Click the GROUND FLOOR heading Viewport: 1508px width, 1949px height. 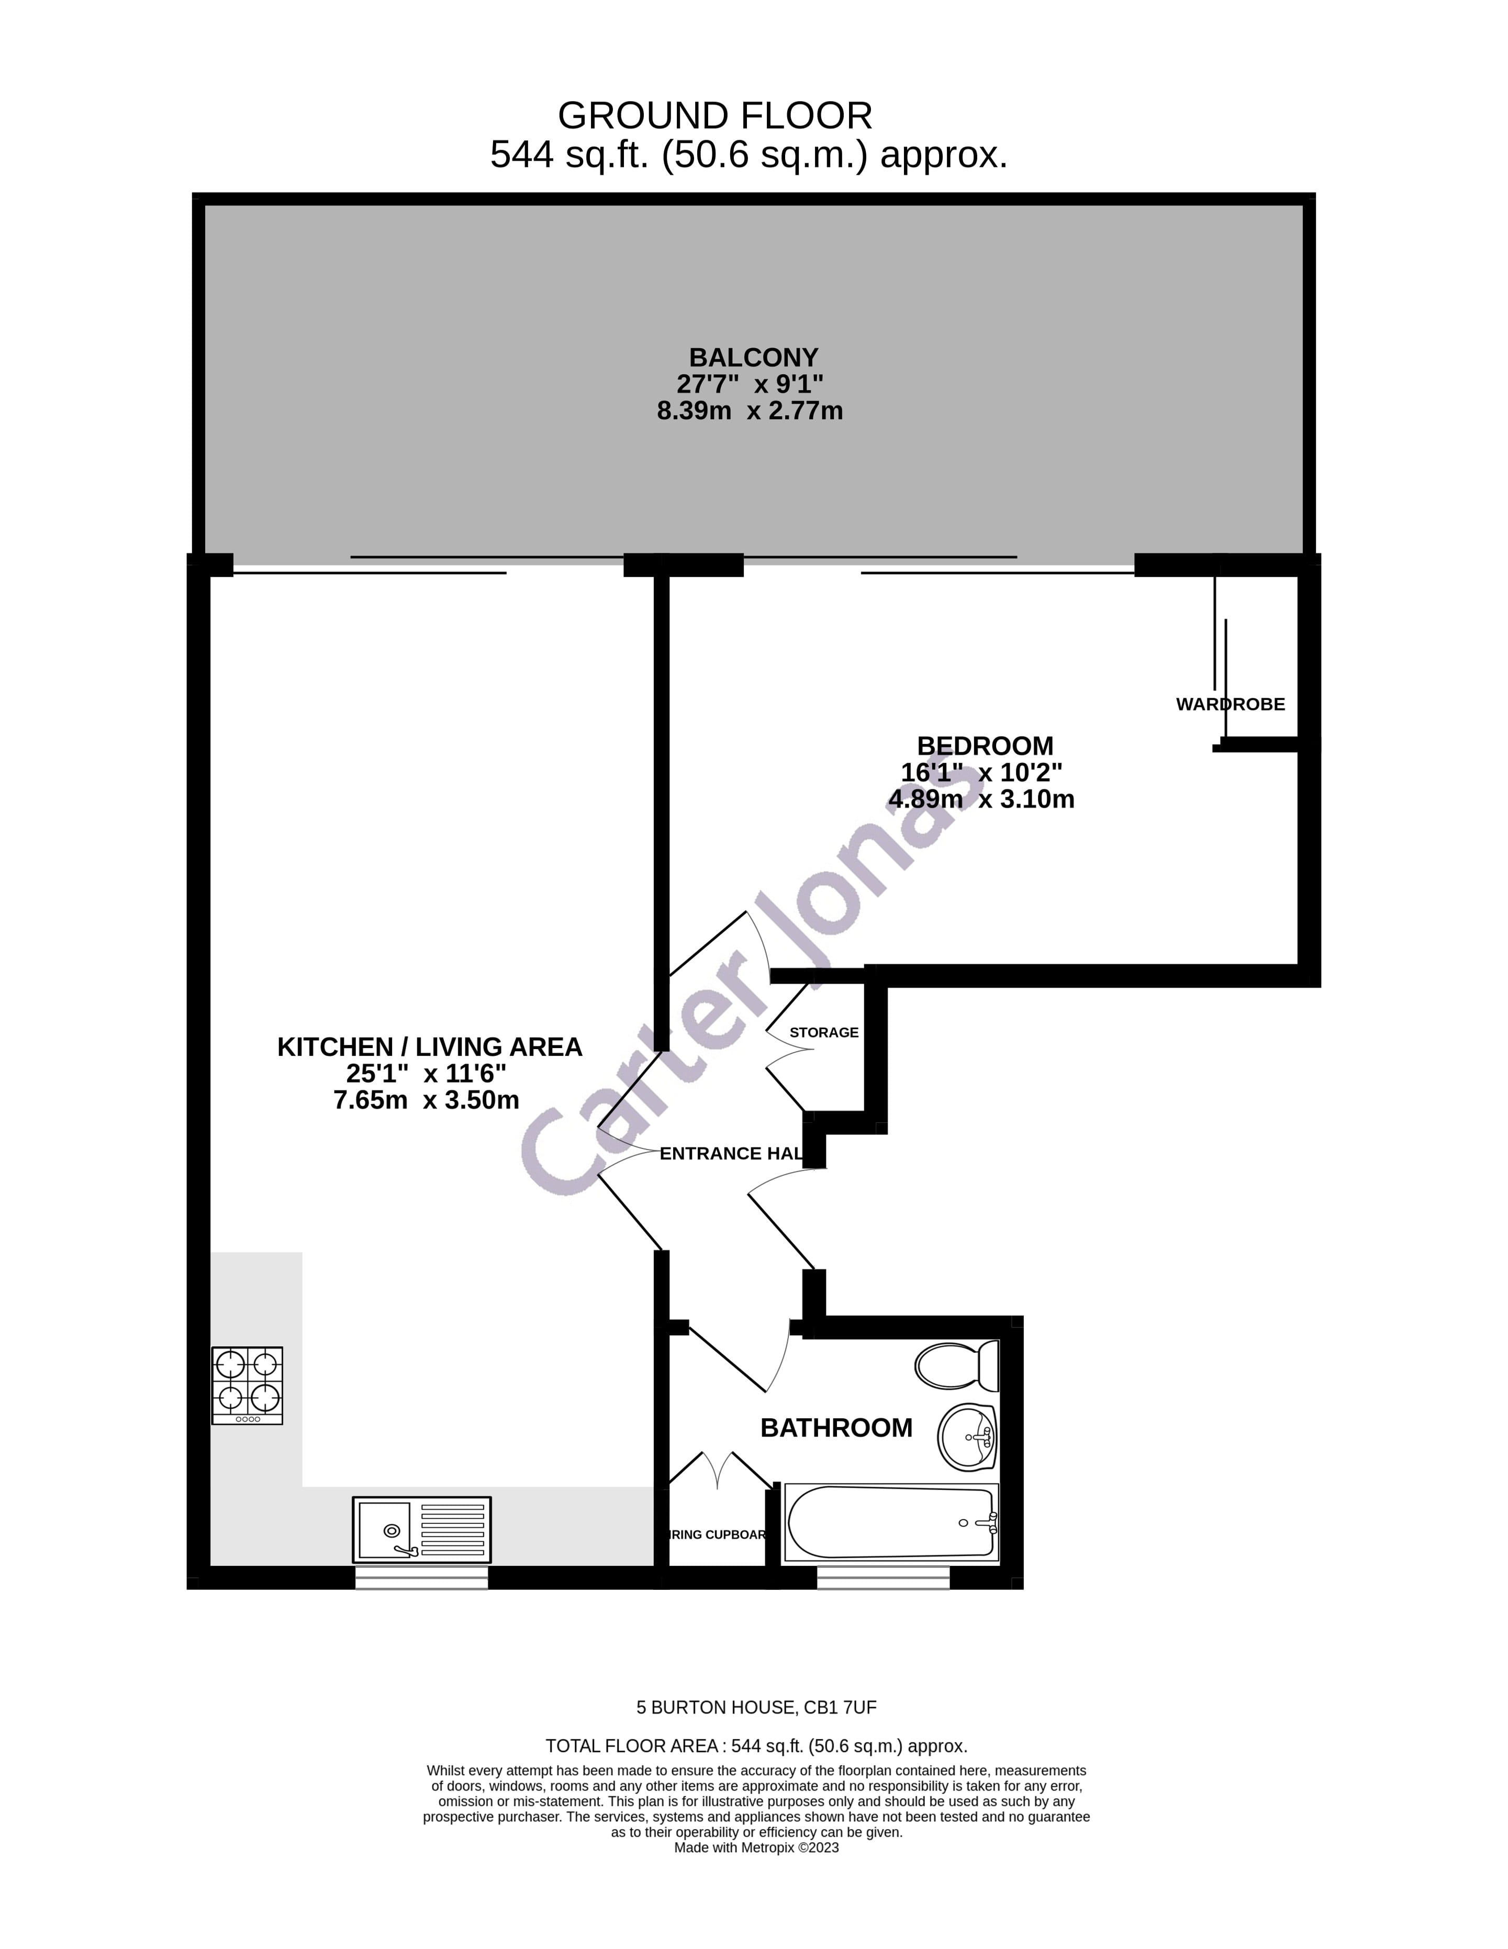tap(714, 117)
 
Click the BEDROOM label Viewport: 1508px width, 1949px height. tap(985, 745)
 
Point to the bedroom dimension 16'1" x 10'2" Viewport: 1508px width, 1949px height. tap(981, 772)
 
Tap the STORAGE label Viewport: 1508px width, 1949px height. tap(823, 1032)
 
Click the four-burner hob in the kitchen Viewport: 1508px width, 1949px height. tap(247, 1385)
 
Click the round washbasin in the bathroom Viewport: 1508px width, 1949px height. tap(967, 1437)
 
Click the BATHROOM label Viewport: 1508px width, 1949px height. tap(836, 1428)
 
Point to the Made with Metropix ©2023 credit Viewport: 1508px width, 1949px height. tap(756, 1848)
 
